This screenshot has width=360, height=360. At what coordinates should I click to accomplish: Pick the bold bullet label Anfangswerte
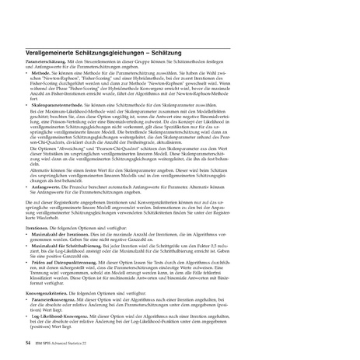pos(51,186)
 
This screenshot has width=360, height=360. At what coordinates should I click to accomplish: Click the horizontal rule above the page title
pos(180,43)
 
